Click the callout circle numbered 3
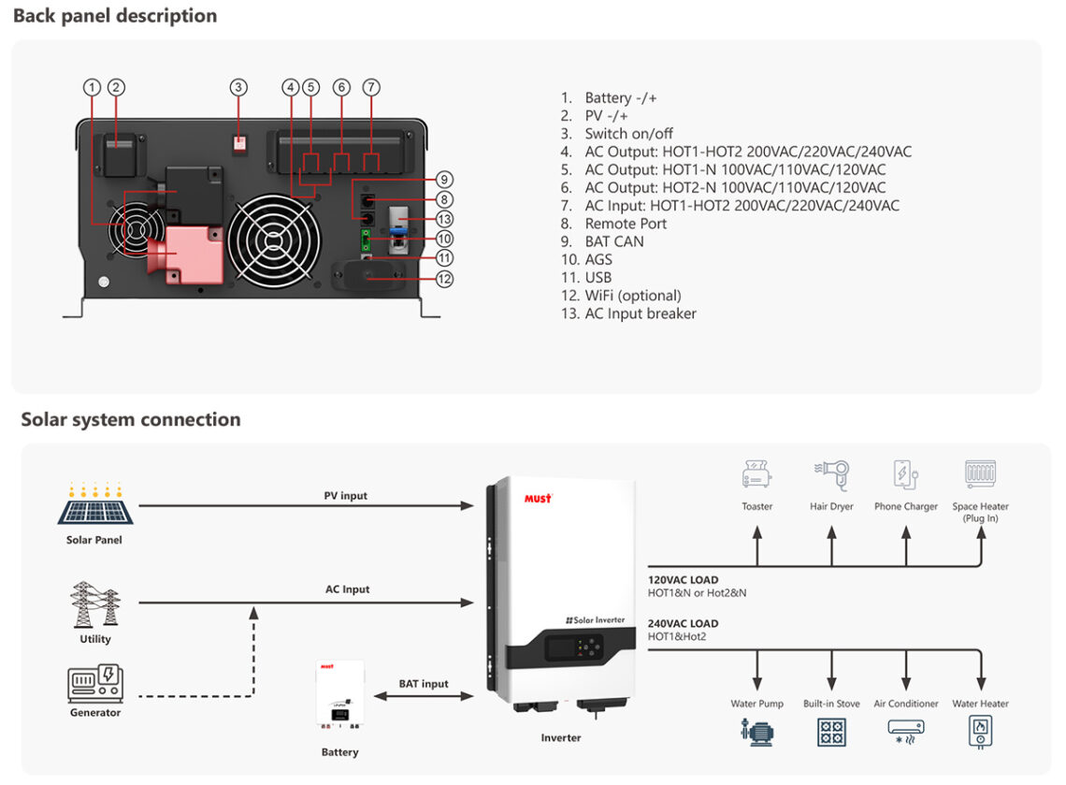pos(238,88)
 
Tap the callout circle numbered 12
pos(445,278)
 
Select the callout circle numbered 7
pos(371,88)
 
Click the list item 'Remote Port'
pos(626,224)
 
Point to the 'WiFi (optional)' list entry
pos(633,296)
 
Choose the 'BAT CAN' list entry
pos(613,241)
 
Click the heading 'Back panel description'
pos(115,16)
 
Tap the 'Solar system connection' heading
pos(131,419)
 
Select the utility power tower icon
pos(94,604)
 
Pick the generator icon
pos(94,684)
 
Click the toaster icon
pos(756,473)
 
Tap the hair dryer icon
pos(831,473)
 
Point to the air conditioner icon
pos(905,731)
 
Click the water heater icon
pos(980,731)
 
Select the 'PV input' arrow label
pos(346,495)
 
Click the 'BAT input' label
pos(424,684)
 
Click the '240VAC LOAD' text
pos(683,623)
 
